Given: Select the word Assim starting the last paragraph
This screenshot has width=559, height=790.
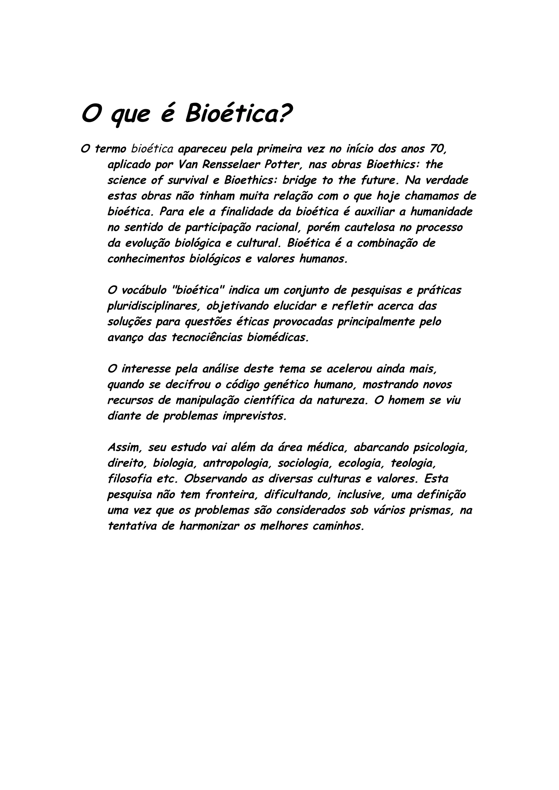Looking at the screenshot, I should click(x=124, y=448).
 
